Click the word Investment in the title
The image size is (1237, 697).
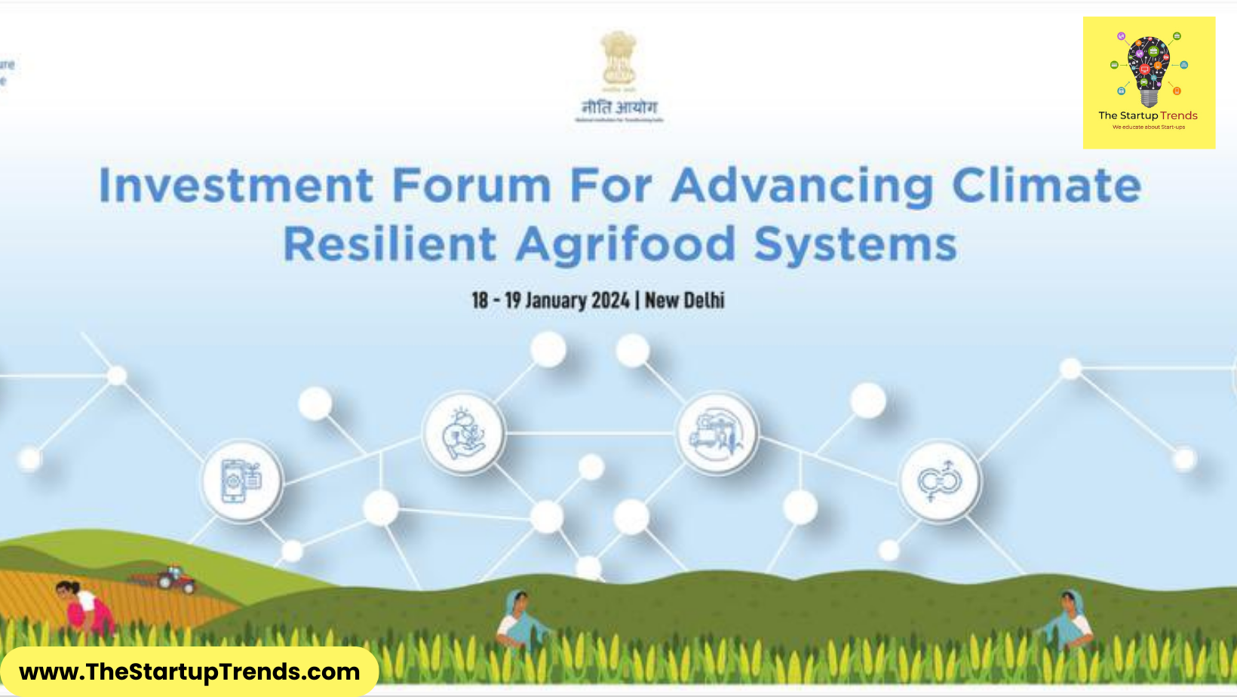pyautogui.click(x=236, y=186)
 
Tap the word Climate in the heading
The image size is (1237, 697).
pyautogui.click(x=1046, y=186)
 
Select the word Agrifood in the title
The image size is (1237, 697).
pyautogui.click(x=625, y=244)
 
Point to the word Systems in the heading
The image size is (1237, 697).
pyautogui.click(x=855, y=244)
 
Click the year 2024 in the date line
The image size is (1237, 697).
pyautogui.click(x=610, y=300)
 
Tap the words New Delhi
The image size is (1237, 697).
pyautogui.click(x=684, y=300)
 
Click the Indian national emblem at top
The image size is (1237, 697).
pyautogui.click(x=618, y=59)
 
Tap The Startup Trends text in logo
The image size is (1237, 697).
pyautogui.click(x=1148, y=115)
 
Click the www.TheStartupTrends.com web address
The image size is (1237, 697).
pyautogui.click(x=189, y=671)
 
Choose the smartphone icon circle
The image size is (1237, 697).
pyautogui.click(x=241, y=481)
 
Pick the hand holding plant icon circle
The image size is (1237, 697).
pyautogui.click(x=464, y=434)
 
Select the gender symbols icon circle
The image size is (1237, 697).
pyautogui.click(x=939, y=481)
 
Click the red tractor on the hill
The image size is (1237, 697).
pyautogui.click(x=175, y=579)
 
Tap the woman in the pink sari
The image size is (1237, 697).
pyautogui.click(x=85, y=607)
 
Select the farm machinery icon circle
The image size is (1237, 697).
pyautogui.click(x=717, y=434)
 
